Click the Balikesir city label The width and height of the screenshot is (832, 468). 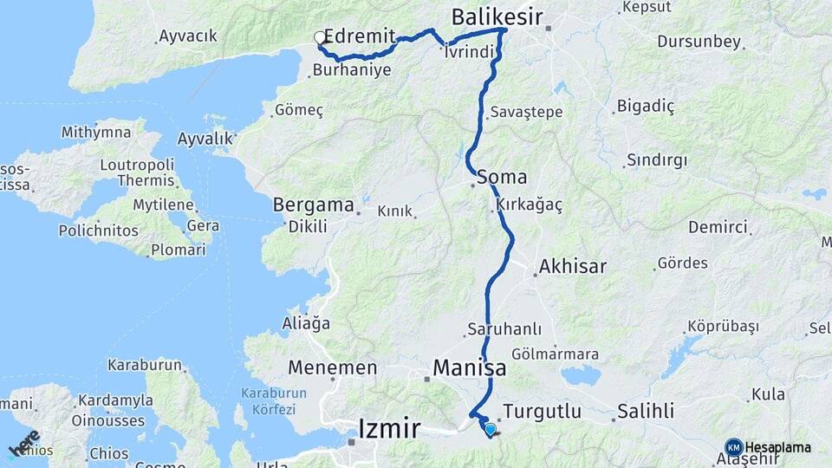point(497,16)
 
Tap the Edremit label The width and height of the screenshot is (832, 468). point(360,37)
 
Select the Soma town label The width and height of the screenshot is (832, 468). point(507,177)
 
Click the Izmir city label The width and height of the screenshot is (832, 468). point(390,428)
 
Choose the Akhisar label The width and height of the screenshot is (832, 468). point(572,266)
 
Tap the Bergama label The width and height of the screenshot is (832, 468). point(314,205)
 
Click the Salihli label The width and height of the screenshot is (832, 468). point(646,411)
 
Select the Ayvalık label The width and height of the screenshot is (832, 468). point(205,139)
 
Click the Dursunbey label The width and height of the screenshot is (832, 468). point(699,41)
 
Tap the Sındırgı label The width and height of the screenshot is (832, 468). point(656,160)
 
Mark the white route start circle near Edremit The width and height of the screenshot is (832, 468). point(320,37)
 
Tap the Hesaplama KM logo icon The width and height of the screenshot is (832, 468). point(734,447)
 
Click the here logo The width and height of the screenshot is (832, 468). point(24,443)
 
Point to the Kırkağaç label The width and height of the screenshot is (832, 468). point(530,205)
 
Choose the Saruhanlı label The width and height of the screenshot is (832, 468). point(504,329)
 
